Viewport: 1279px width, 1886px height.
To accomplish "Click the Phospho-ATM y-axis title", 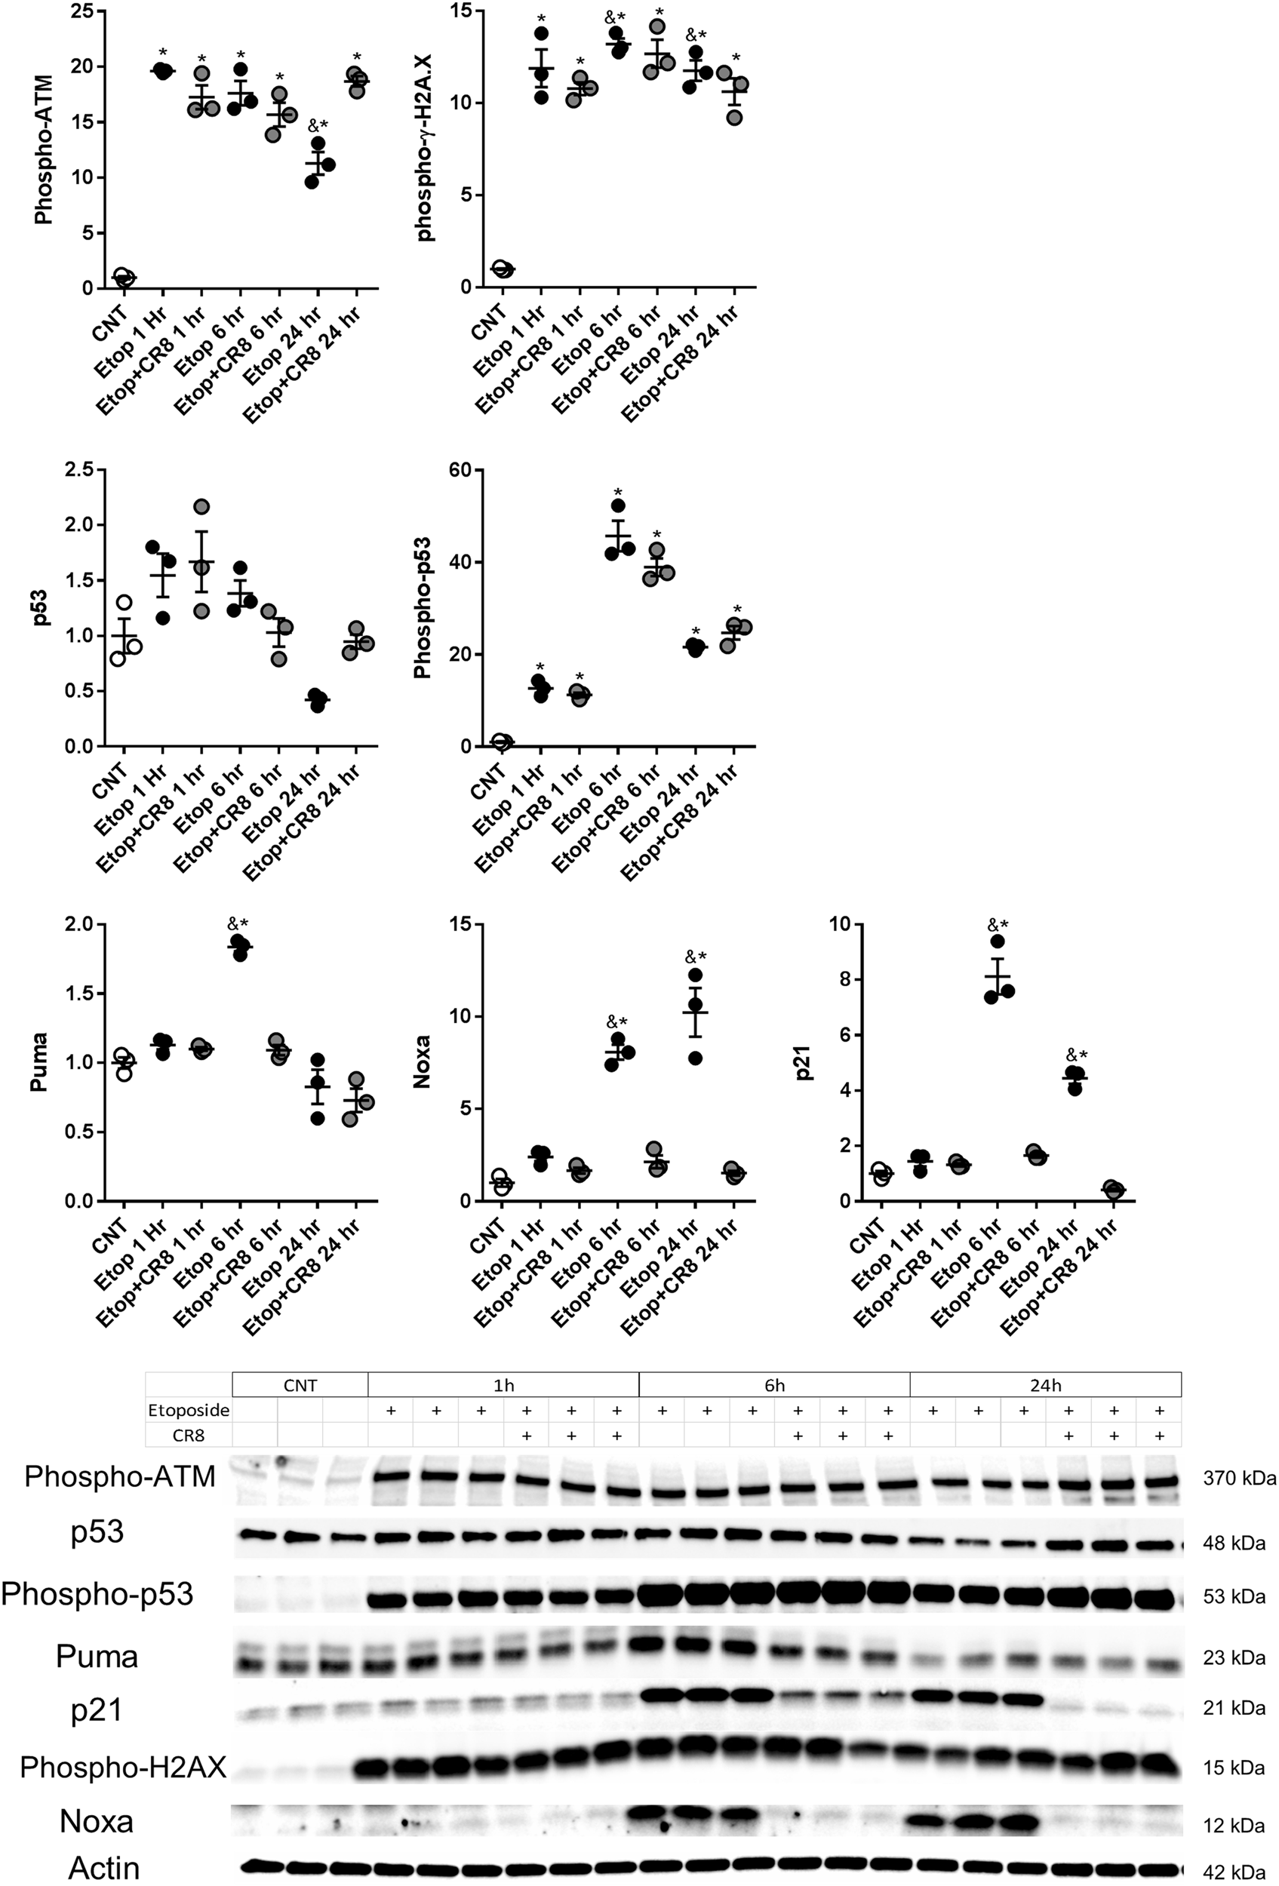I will point(43,150).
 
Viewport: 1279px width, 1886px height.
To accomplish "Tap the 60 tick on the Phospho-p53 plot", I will point(453,470).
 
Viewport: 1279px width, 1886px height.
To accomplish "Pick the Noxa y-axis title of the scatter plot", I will point(422,1062).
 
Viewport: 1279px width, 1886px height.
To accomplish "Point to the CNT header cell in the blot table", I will point(300,1385).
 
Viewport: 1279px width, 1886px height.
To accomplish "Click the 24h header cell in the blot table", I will point(1044,1385).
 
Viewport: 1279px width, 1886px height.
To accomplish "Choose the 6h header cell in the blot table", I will point(774,1385).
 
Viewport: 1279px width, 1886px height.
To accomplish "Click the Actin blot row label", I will point(104,1868).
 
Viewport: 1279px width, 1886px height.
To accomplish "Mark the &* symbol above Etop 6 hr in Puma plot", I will point(238,923).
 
